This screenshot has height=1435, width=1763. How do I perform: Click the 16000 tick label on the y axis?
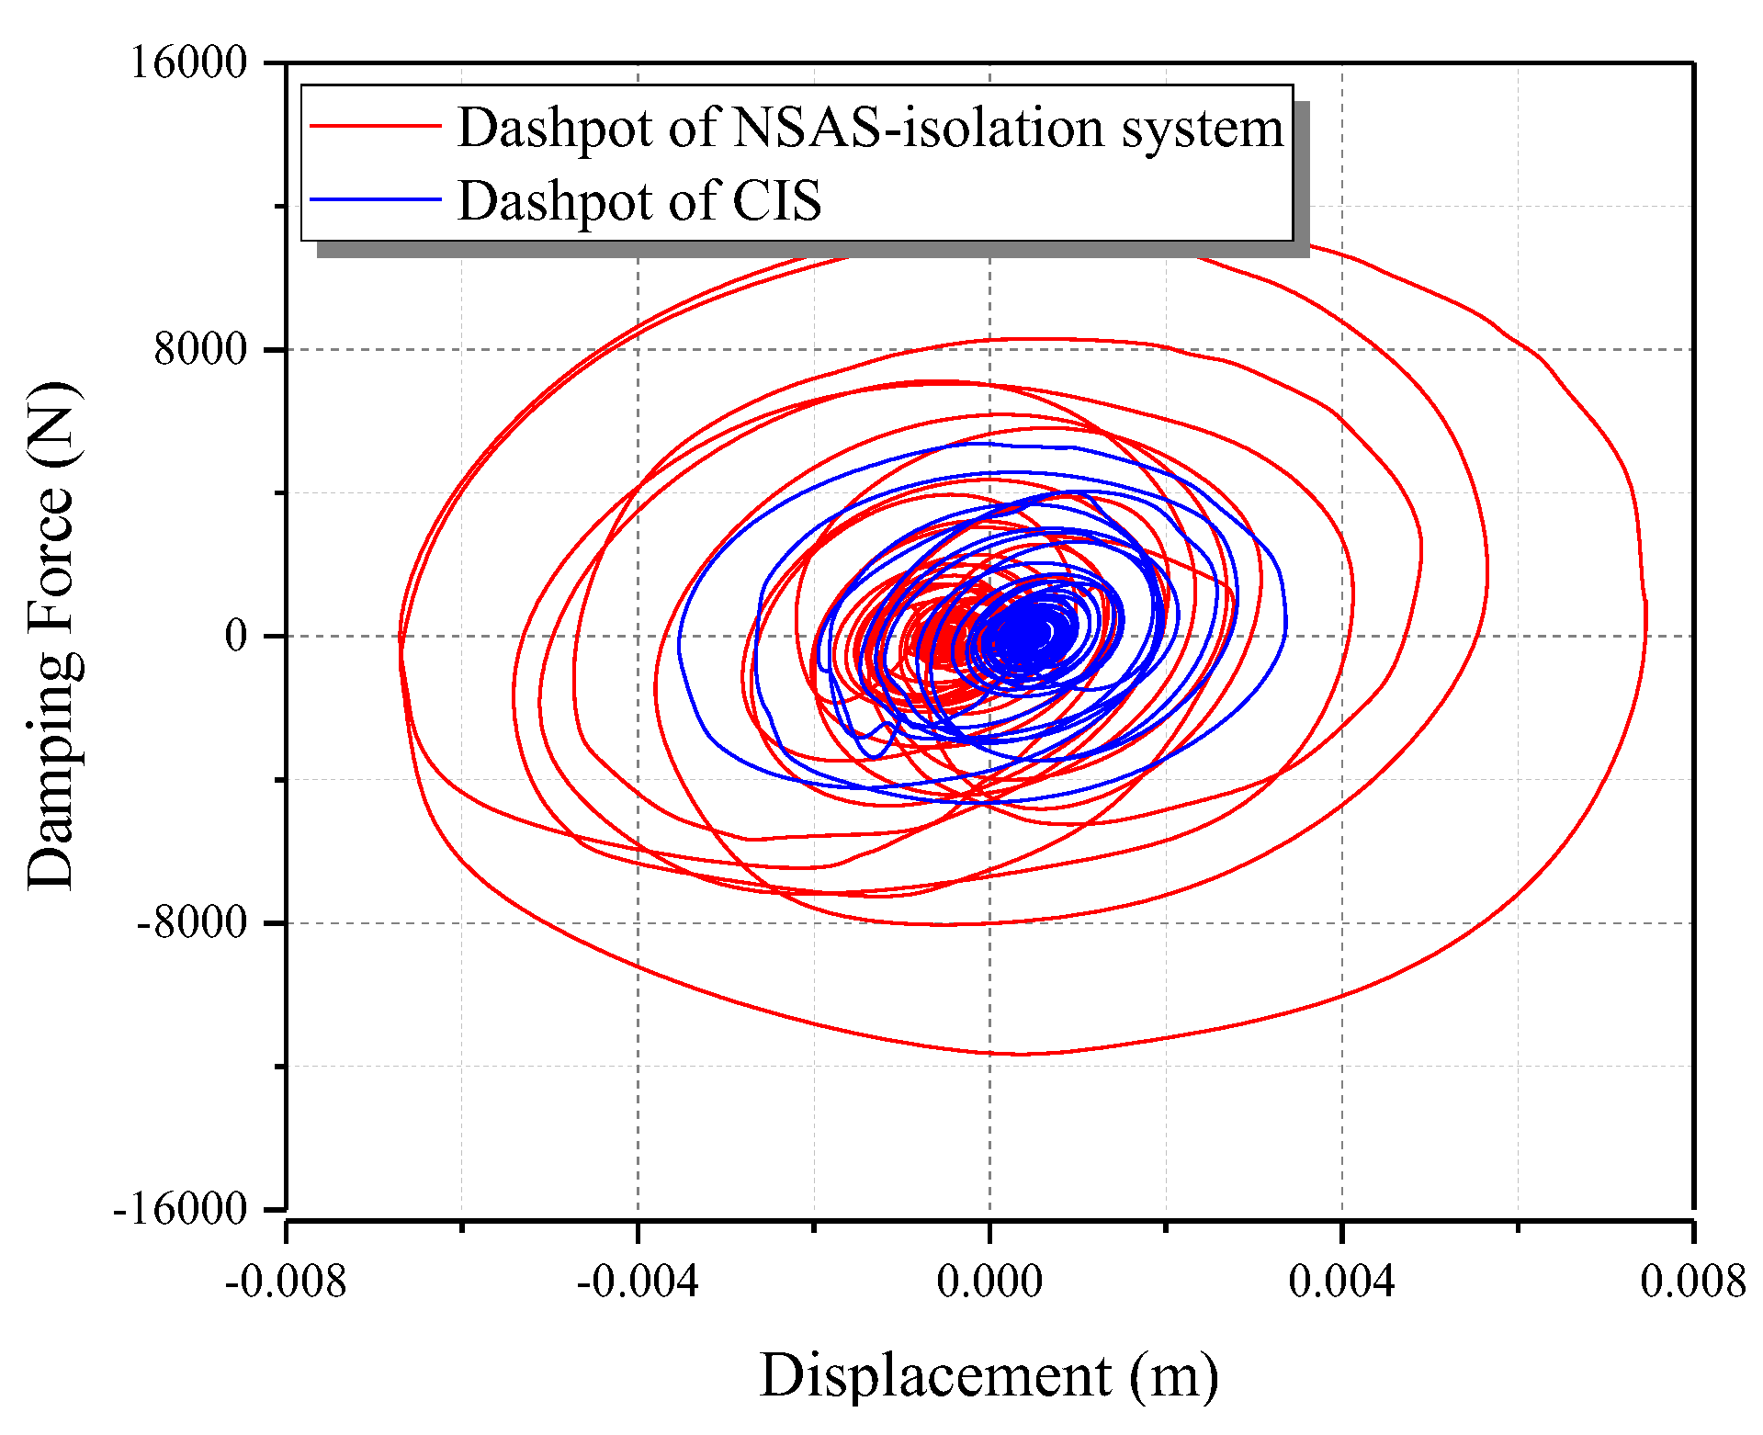click(x=189, y=64)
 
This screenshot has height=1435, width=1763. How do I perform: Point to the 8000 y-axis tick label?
click(x=201, y=350)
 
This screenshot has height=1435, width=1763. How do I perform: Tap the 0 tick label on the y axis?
click(x=237, y=636)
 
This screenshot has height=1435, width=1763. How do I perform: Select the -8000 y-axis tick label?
click(x=192, y=922)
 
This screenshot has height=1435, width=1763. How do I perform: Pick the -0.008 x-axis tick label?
click(x=286, y=1281)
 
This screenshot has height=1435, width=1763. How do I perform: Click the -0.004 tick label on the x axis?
click(x=638, y=1281)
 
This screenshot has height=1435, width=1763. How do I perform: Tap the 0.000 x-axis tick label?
click(x=989, y=1281)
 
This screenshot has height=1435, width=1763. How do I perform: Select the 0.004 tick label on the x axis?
click(x=1341, y=1281)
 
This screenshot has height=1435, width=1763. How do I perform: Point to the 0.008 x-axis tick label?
click(x=1693, y=1281)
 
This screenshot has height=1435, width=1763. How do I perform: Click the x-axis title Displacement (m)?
click(x=989, y=1376)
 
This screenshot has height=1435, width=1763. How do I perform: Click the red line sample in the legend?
click(x=376, y=125)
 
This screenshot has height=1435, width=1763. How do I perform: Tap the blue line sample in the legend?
click(x=376, y=198)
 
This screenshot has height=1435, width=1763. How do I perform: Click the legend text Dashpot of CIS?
click(x=639, y=200)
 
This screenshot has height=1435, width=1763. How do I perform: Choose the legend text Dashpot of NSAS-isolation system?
click(x=870, y=127)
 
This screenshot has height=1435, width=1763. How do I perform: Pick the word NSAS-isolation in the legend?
click(x=919, y=127)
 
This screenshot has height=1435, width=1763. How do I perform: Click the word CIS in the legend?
click(x=776, y=200)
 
